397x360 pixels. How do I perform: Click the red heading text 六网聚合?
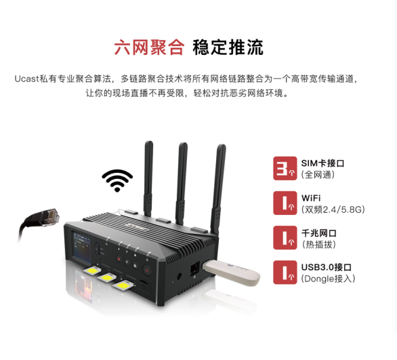pos(149,47)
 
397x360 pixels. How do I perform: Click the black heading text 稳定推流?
pos(228,47)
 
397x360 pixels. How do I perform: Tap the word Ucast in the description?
pos(26,79)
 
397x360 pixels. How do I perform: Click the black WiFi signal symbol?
pos(117,180)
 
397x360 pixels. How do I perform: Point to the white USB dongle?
pos(231,273)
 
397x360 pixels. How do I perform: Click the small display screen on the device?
pos(82,245)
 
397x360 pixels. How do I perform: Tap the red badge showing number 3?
pos(285,168)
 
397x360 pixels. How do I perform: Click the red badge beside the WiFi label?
pos(285,203)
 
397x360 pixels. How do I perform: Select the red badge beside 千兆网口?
pos(285,238)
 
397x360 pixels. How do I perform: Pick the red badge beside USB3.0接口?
pos(285,272)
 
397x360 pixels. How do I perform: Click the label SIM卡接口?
pos(322,163)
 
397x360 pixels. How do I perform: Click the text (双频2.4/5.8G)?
pos(333,209)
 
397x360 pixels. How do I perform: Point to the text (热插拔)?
pos(318,244)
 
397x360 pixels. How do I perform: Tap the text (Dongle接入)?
pos(328,279)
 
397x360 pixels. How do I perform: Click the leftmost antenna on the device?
pos(148,178)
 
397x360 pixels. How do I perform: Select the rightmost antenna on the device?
pos(218,188)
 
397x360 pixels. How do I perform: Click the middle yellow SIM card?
pos(106,277)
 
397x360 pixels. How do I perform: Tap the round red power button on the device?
pos(147,270)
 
